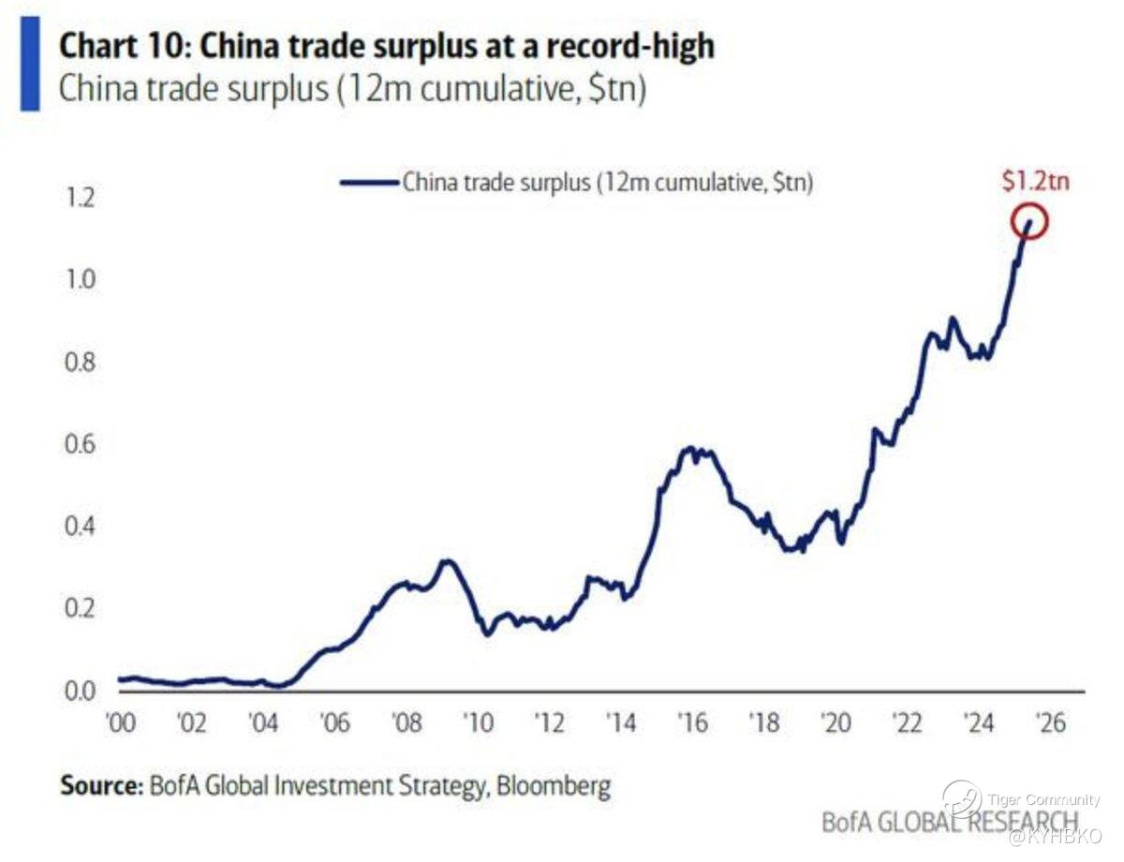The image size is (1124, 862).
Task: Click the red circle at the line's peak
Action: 1028,223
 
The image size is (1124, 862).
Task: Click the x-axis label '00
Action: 120,725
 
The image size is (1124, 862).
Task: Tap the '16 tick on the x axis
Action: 691,725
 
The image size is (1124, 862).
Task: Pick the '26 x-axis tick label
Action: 1049,725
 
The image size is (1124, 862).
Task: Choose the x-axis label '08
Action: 406,725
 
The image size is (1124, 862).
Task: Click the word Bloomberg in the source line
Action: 555,784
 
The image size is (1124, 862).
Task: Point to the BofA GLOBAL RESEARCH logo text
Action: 946,822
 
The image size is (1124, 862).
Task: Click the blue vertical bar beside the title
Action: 30,63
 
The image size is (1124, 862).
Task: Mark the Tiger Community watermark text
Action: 1043,799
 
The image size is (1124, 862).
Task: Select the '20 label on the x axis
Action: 835,725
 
